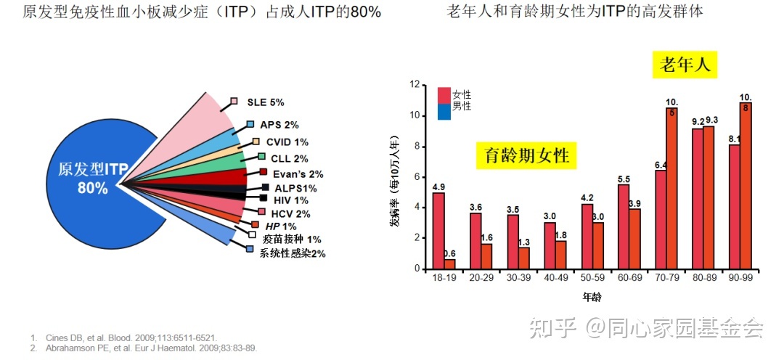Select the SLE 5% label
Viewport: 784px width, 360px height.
[x=265, y=102]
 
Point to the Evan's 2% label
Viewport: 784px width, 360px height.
[x=298, y=173]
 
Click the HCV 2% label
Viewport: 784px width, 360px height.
[x=290, y=213]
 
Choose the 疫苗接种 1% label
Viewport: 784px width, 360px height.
[x=292, y=239]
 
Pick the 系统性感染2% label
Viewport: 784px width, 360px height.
[x=293, y=253]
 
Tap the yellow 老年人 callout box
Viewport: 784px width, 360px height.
[x=683, y=65]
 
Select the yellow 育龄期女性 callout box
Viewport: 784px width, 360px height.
[x=526, y=155]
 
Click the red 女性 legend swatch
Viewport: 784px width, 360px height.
[x=444, y=95]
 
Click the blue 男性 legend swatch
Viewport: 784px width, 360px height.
[x=444, y=111]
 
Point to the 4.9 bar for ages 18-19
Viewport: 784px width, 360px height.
[x=438, y=230]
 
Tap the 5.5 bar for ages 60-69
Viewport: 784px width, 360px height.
[x=624, y=226]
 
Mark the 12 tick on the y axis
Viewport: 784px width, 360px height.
[x=415, y=85]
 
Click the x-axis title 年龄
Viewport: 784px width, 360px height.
[x=592, y=298]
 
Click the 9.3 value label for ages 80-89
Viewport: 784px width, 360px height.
[x=711, y=120]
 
